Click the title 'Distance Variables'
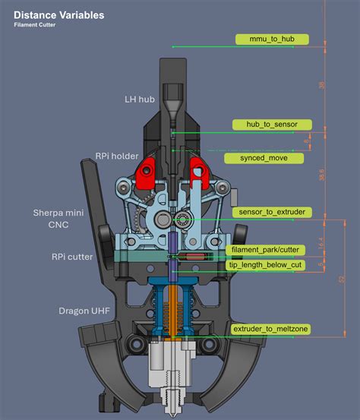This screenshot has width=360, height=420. point(58,15)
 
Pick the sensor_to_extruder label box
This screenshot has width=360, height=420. point(271,212)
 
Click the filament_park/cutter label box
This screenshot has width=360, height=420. point(266,249)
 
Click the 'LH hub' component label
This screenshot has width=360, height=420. point(140,99)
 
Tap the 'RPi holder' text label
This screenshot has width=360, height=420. point(117,156)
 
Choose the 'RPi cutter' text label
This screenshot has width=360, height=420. point(74,257)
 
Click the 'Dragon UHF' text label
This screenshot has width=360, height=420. point(84,311)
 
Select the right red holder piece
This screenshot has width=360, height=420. point(201,172)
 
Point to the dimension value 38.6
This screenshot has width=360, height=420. point(321,175)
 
